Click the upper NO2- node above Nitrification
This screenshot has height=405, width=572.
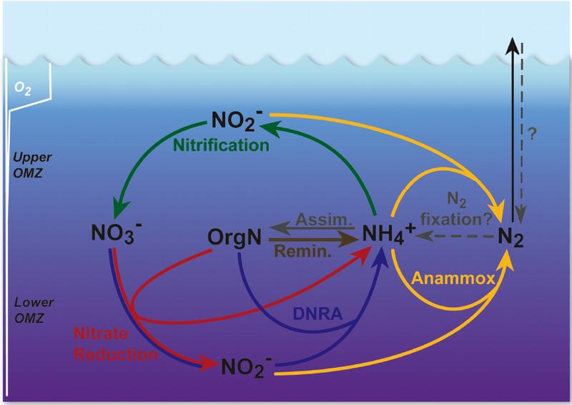click(x=235, y=118)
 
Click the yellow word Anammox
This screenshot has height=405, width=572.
click(x=453, y=280)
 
